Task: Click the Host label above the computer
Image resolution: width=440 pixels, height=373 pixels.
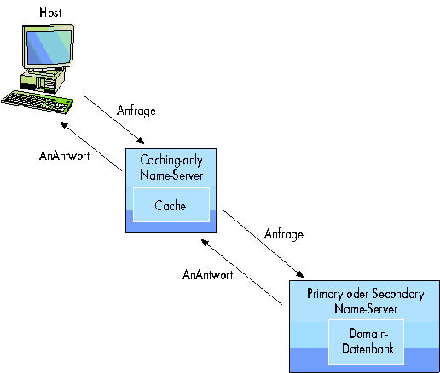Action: tap(50, 13)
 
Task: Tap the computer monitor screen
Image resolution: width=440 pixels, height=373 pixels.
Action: tap(49, 47)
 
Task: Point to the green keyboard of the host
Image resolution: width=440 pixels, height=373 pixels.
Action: tap(38, 102)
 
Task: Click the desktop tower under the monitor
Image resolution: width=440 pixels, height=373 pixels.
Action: tap(43, 81)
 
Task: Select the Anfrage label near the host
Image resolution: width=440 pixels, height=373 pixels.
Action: tap(136, 111)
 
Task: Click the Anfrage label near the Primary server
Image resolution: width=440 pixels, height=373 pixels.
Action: tap(284, 234)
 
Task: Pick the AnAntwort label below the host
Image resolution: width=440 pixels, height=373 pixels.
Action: tap(65, 156)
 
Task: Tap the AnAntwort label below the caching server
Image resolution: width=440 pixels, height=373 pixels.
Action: tap(208, 275)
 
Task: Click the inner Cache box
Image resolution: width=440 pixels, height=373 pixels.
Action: tap(171, 204)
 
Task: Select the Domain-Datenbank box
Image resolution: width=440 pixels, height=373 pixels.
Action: tap(366, 342)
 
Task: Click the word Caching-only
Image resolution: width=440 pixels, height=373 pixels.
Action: tap(171, 160)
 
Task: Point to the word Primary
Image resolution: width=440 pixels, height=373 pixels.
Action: tap(325, 294)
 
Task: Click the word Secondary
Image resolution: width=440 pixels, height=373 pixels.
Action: tap(398, 294)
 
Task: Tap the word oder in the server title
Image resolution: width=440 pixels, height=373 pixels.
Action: tap(357, 294)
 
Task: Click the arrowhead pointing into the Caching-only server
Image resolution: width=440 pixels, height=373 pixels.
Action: tap(141, 141)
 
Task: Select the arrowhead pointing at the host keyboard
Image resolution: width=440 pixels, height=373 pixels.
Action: tap(64, 124)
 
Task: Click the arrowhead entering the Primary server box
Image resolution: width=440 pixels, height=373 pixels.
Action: tap(300, 274)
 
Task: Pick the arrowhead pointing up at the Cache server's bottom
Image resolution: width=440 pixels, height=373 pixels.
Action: tap(206, 243)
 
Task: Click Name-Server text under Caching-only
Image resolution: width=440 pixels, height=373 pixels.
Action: tap(171, 175)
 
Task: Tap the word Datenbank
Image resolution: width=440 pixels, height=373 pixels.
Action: tap(368, 348)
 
